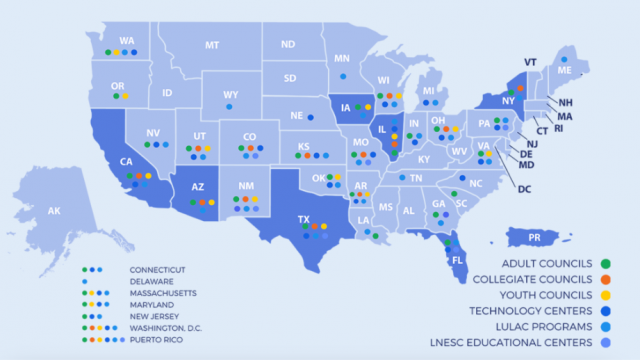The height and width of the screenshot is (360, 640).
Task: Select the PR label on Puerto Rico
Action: [x=534, y=237]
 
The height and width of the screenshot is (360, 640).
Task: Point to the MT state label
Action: [x=212, y=45]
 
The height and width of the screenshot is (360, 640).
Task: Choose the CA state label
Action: [x=127, y=162]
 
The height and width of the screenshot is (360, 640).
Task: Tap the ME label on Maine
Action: [x=564, y=72]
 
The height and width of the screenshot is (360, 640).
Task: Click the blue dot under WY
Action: [x=229, y=105]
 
